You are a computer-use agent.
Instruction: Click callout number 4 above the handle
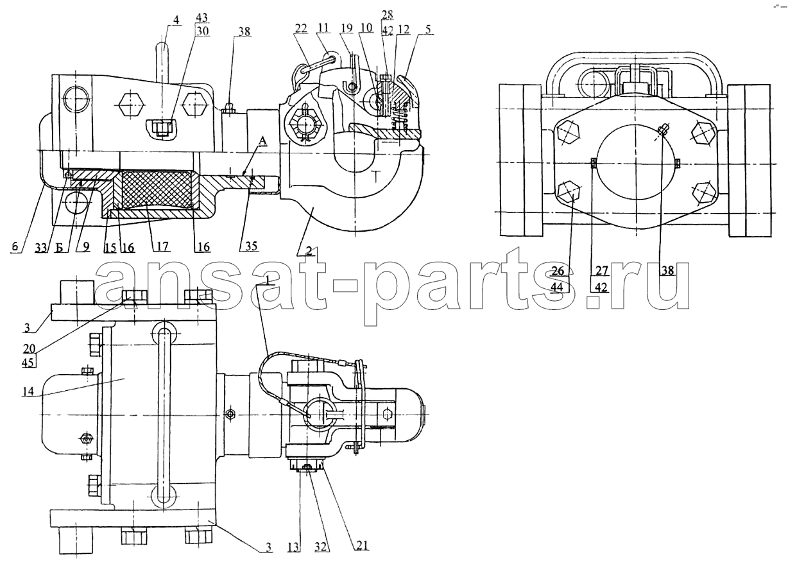(x=176, y=19)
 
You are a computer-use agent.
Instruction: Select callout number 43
(x=202, y=17)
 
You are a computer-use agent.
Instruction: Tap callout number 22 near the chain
(x=301, y=28)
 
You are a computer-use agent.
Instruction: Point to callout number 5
(x=428, y=29)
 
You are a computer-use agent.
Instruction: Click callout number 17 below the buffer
(x=162, y=246)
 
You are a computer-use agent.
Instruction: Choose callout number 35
(x=251, y=246)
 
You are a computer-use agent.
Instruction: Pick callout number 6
(x=15, y=246)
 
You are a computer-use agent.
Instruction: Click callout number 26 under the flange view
(x=558, y=271)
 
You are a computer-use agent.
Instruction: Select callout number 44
(x=557, y=287)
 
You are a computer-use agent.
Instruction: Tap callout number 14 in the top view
(x=28, y=391)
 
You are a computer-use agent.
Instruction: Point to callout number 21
(x=363, y=546)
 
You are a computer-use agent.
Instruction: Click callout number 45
(x=28, y=363)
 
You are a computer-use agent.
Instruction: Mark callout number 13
(x=293, y=547)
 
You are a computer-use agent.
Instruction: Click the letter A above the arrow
(x=263, y=141)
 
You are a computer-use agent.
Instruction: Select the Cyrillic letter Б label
(x=59, y=248)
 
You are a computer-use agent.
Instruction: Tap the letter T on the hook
(x=376, y=177)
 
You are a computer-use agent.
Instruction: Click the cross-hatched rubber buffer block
(x=157, y=189)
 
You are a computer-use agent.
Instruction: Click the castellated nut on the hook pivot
(x=304, y=125)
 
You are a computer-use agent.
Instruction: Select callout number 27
(x=602, y=271)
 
